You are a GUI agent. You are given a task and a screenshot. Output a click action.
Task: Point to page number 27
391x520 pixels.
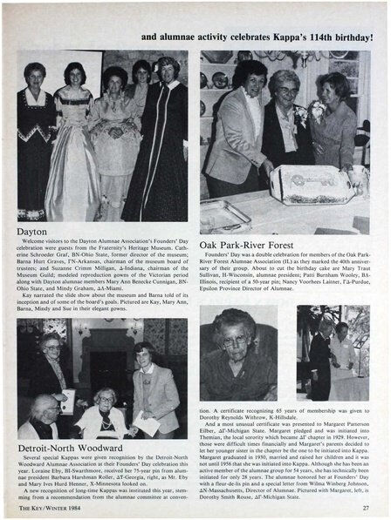point(366,510)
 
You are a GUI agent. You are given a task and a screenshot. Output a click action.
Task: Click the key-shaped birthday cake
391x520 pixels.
point(311,183)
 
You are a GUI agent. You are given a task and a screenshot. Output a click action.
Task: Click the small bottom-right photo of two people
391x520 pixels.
point(332,353)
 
